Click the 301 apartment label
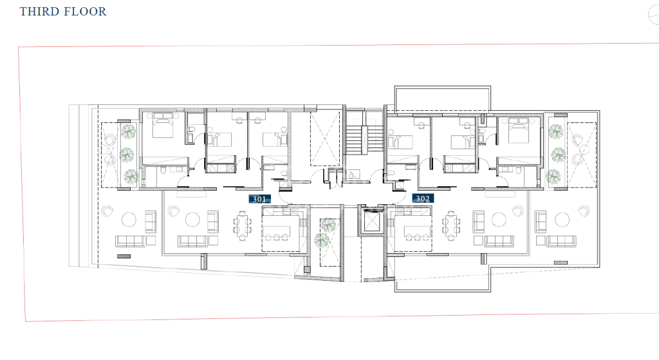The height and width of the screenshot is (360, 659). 259,199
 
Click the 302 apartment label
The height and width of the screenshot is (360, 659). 423,198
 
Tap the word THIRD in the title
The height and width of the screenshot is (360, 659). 39,12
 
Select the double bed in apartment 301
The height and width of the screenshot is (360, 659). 163,125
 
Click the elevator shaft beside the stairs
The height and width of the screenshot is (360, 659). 373,220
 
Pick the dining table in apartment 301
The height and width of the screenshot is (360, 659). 242,226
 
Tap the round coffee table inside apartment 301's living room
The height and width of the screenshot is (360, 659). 192,220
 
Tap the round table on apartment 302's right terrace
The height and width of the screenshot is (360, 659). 562,220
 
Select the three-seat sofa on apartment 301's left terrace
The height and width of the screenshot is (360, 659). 130,242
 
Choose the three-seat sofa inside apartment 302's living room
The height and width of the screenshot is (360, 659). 499,241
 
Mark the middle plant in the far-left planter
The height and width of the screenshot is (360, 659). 127,155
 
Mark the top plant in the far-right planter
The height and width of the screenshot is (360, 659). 555,131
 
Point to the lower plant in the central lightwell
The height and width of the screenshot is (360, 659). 322,240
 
